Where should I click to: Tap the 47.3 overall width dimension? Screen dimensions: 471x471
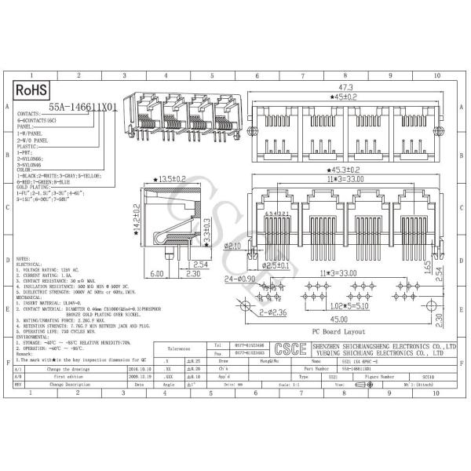pos(344,88)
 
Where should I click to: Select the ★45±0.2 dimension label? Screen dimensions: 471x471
pos(344,97)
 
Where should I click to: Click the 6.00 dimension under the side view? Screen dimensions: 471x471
pos(156,273)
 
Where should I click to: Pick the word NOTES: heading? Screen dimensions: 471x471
pos(23,257)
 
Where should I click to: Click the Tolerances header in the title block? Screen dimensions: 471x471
pos(179,348)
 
